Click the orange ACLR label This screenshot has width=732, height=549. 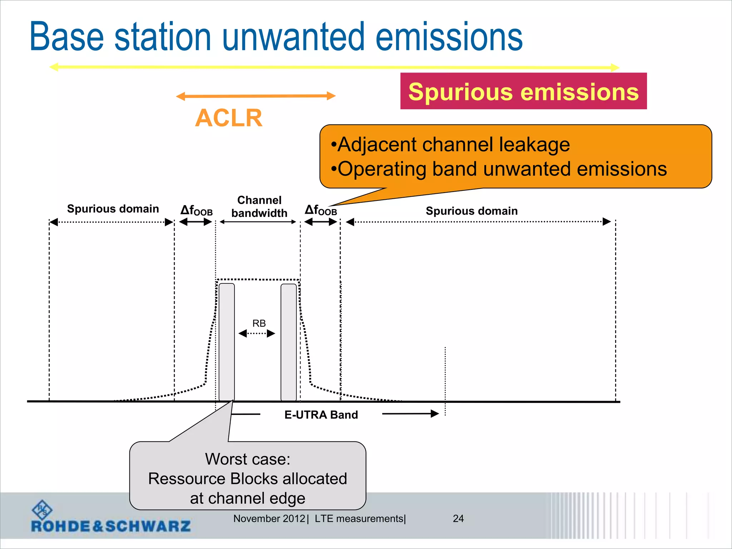[229, 118]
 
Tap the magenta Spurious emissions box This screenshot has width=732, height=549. [523, 91]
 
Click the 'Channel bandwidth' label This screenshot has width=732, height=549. [259, 207]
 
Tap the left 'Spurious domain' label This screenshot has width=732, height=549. [113, 209]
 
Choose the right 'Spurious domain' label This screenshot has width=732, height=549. [471, 211]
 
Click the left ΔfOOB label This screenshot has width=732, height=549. [196, 210]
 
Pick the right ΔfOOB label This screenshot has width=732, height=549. [321, 210]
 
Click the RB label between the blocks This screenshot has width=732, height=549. [259, 323]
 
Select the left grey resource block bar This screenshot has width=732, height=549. [227, 342]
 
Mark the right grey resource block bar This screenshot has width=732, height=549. [288, 342]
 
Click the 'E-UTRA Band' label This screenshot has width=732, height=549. [321, 415]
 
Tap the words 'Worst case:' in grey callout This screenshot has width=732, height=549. [247, 459]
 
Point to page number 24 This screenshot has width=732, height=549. [458, 519]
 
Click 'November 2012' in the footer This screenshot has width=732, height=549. [269, 519]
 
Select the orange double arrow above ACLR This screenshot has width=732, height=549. [256, 96]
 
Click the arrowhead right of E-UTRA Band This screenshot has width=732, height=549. [435, 414]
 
